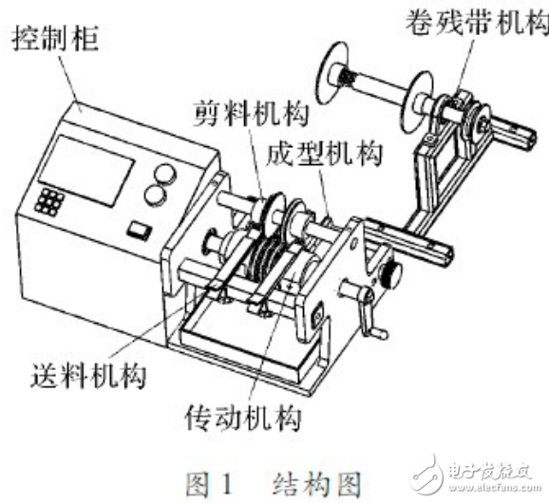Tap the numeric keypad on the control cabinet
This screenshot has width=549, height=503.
50,200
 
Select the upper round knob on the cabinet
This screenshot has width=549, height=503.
164,173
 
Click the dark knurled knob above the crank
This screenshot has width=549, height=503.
389,276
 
